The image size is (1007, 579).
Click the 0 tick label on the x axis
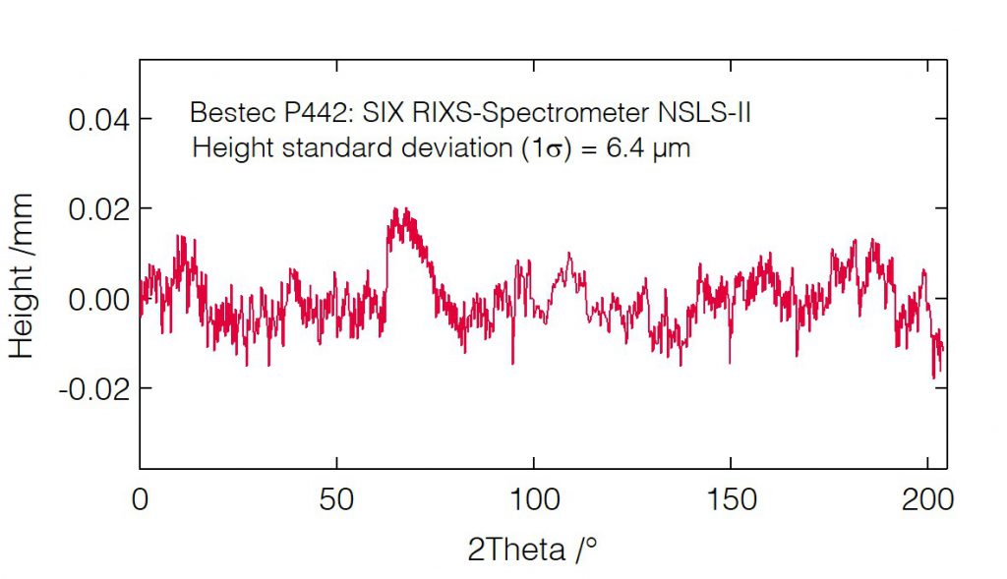click(141, 499)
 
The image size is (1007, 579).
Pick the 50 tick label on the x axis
click(336, 499)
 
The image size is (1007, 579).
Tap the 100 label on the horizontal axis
click(533, 499)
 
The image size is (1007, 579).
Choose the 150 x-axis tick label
click(730, 499)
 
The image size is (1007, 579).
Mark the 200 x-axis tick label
click(927, 499)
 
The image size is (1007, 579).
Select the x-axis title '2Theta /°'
click(532, 549)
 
